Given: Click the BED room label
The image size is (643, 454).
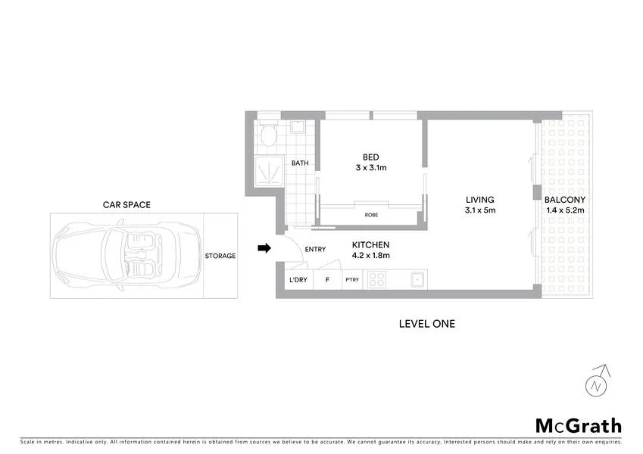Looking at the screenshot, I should click(370, 157).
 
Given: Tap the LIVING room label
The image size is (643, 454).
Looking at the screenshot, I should click(480, 200).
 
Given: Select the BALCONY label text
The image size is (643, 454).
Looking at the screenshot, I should click(564, 200).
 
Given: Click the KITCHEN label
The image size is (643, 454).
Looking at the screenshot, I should click(370, 245).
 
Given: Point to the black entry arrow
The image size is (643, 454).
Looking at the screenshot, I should click(264, 247).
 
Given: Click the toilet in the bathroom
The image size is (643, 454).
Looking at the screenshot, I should click(267, 136).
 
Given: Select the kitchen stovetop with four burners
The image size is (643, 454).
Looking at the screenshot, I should click(376, 280).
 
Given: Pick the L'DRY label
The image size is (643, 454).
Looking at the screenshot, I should click(298, 280).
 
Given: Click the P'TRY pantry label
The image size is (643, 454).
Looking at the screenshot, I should click(351, 280).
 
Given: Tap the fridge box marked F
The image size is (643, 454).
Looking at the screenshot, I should click(327, 280).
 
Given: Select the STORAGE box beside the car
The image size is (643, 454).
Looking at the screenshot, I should click(220, 256).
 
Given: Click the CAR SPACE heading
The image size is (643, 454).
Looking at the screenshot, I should click(126, 204).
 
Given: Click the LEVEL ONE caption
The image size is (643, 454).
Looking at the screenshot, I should click(426, 323).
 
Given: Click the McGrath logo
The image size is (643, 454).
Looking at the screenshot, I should click(579, 425).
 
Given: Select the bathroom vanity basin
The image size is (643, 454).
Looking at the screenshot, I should click(298, 126).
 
